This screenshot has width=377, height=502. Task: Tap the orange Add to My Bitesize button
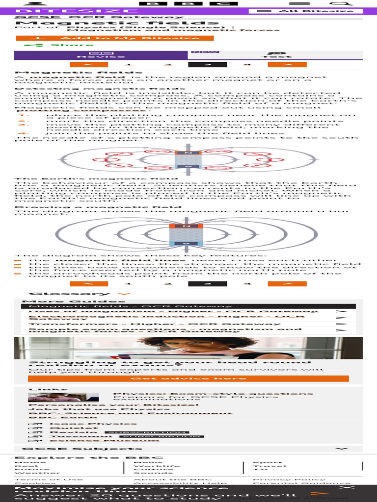114,38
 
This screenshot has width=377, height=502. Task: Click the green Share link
52,45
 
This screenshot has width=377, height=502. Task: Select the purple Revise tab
101,55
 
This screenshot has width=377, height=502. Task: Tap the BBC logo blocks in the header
188,3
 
